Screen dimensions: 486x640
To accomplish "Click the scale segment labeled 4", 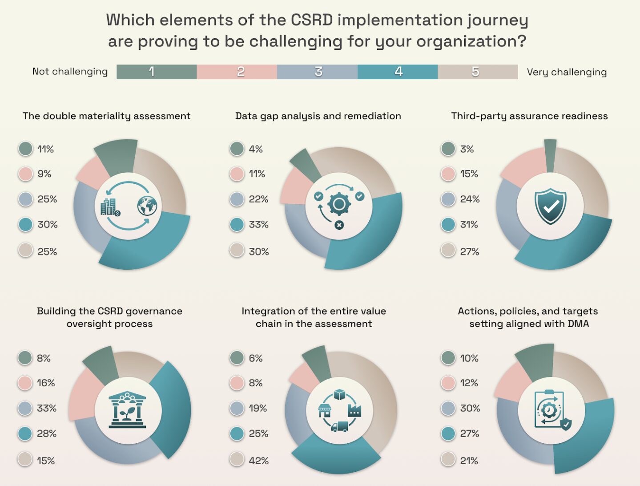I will click(398, 72).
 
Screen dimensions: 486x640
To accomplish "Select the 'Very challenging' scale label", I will click(567, 72).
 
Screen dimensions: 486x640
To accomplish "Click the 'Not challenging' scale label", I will click(70, 72).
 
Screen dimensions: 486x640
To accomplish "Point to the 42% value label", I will click(258, 461).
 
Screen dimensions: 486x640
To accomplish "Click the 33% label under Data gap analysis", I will click(258, 224).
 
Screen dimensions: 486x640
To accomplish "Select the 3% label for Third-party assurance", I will click(467, 149).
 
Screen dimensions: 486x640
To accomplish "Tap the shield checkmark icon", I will click(550, 206).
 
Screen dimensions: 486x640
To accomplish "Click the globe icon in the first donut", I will click(147, 206).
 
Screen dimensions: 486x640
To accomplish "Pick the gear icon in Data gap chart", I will click(339, 204).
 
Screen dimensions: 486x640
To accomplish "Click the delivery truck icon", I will click(339, 427).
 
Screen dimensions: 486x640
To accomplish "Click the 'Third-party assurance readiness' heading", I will click(529, 116).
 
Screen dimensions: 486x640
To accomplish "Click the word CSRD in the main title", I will click(311, 20).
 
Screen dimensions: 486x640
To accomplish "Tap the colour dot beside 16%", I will click(25, 383).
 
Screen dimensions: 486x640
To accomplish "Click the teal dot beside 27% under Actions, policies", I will click(448, 433).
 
